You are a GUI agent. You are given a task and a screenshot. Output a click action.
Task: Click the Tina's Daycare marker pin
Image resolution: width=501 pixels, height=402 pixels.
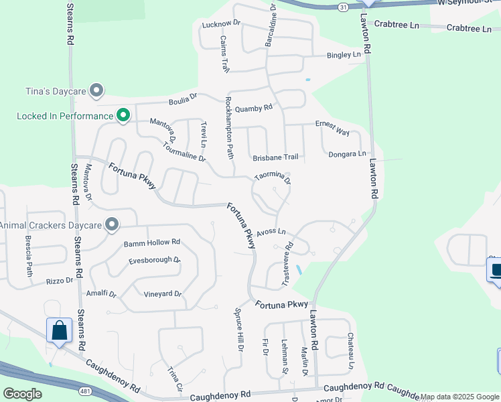96,90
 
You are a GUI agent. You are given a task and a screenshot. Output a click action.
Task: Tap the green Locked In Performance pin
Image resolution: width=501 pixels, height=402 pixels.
123,116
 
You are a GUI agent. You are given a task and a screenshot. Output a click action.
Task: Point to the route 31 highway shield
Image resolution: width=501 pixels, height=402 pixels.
343,7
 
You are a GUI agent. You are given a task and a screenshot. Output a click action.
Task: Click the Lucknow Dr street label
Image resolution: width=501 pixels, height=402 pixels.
220,24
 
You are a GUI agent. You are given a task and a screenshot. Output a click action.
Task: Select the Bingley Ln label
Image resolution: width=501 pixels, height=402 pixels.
344,54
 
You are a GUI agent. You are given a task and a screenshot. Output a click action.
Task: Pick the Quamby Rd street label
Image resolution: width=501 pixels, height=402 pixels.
254,107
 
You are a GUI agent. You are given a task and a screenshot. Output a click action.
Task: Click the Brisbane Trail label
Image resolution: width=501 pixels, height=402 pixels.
275,157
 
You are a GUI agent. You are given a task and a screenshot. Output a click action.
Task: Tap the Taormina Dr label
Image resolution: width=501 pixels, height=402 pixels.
273,178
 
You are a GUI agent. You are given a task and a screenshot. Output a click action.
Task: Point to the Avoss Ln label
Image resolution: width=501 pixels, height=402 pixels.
271,231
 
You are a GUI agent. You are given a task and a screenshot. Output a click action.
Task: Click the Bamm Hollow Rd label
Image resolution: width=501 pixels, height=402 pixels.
152,242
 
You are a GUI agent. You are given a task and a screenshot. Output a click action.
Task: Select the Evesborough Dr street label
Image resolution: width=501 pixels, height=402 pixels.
155,260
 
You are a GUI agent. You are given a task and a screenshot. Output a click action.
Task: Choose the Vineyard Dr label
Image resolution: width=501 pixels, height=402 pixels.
163,294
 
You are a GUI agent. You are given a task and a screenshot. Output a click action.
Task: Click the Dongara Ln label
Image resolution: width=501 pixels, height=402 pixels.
348,154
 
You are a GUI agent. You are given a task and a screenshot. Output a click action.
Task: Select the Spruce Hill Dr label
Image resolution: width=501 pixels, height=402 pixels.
238,329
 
